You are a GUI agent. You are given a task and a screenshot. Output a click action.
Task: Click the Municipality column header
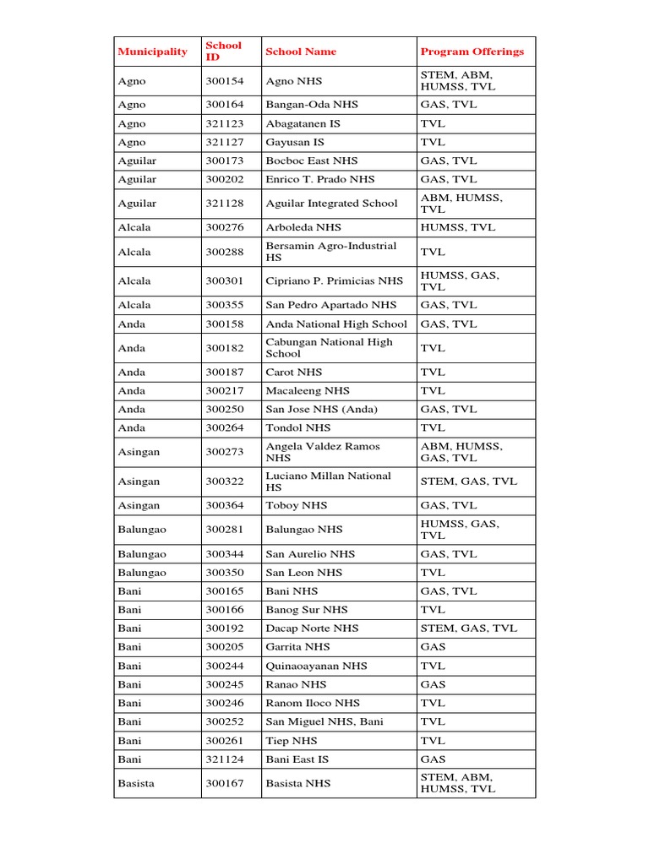coord(153,52)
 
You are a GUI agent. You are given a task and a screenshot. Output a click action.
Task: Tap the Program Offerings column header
coord(472,52)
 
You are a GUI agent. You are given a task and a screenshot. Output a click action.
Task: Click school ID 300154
coord(224,81)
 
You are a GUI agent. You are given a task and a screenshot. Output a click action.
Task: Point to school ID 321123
coord(224,123)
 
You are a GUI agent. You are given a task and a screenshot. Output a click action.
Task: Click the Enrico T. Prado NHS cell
coord(319,179)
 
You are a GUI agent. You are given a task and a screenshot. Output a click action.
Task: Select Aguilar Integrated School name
coord(331,204)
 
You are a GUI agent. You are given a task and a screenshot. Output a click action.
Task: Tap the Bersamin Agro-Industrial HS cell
coord(330,252)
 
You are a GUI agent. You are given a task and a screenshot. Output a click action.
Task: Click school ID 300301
coord(224,280)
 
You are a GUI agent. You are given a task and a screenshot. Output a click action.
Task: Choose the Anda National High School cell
coord(335,324)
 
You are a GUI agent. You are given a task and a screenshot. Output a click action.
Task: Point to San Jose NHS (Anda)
coord(322,410)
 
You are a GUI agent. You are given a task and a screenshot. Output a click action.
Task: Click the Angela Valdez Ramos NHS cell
coord(323,452)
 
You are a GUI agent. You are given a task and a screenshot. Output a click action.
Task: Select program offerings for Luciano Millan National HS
coord(468,481)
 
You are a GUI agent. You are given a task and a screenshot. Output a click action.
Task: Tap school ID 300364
coord(224,505)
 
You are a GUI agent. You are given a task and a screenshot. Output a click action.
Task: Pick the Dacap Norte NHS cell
coord(312,628)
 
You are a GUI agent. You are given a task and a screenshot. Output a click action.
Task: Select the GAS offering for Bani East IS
coord(433,759)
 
